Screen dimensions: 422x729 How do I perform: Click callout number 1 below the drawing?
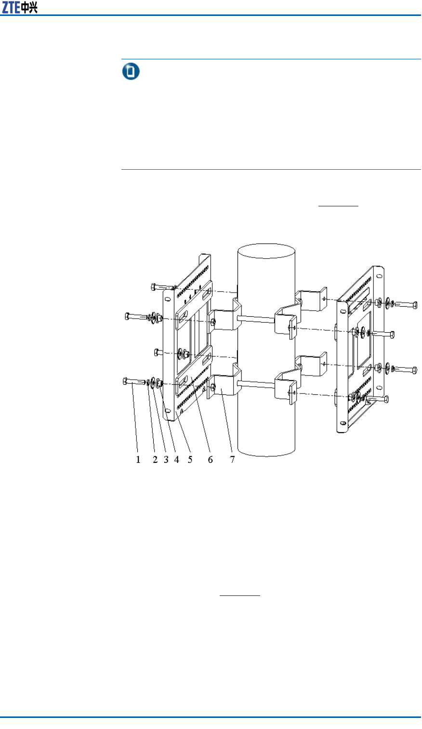[138, 459]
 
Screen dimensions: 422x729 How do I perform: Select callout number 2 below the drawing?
[155, 459]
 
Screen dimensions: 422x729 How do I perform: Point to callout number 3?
[166, 459]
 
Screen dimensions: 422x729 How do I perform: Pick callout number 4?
[177, 459]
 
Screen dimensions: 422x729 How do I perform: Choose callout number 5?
[190, 459]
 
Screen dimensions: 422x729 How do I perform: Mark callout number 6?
[210, 459]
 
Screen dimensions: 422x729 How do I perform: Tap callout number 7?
[232, 459]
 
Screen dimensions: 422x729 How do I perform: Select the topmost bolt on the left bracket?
[161, 287]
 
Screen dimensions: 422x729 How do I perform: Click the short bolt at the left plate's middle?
[157, 352]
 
